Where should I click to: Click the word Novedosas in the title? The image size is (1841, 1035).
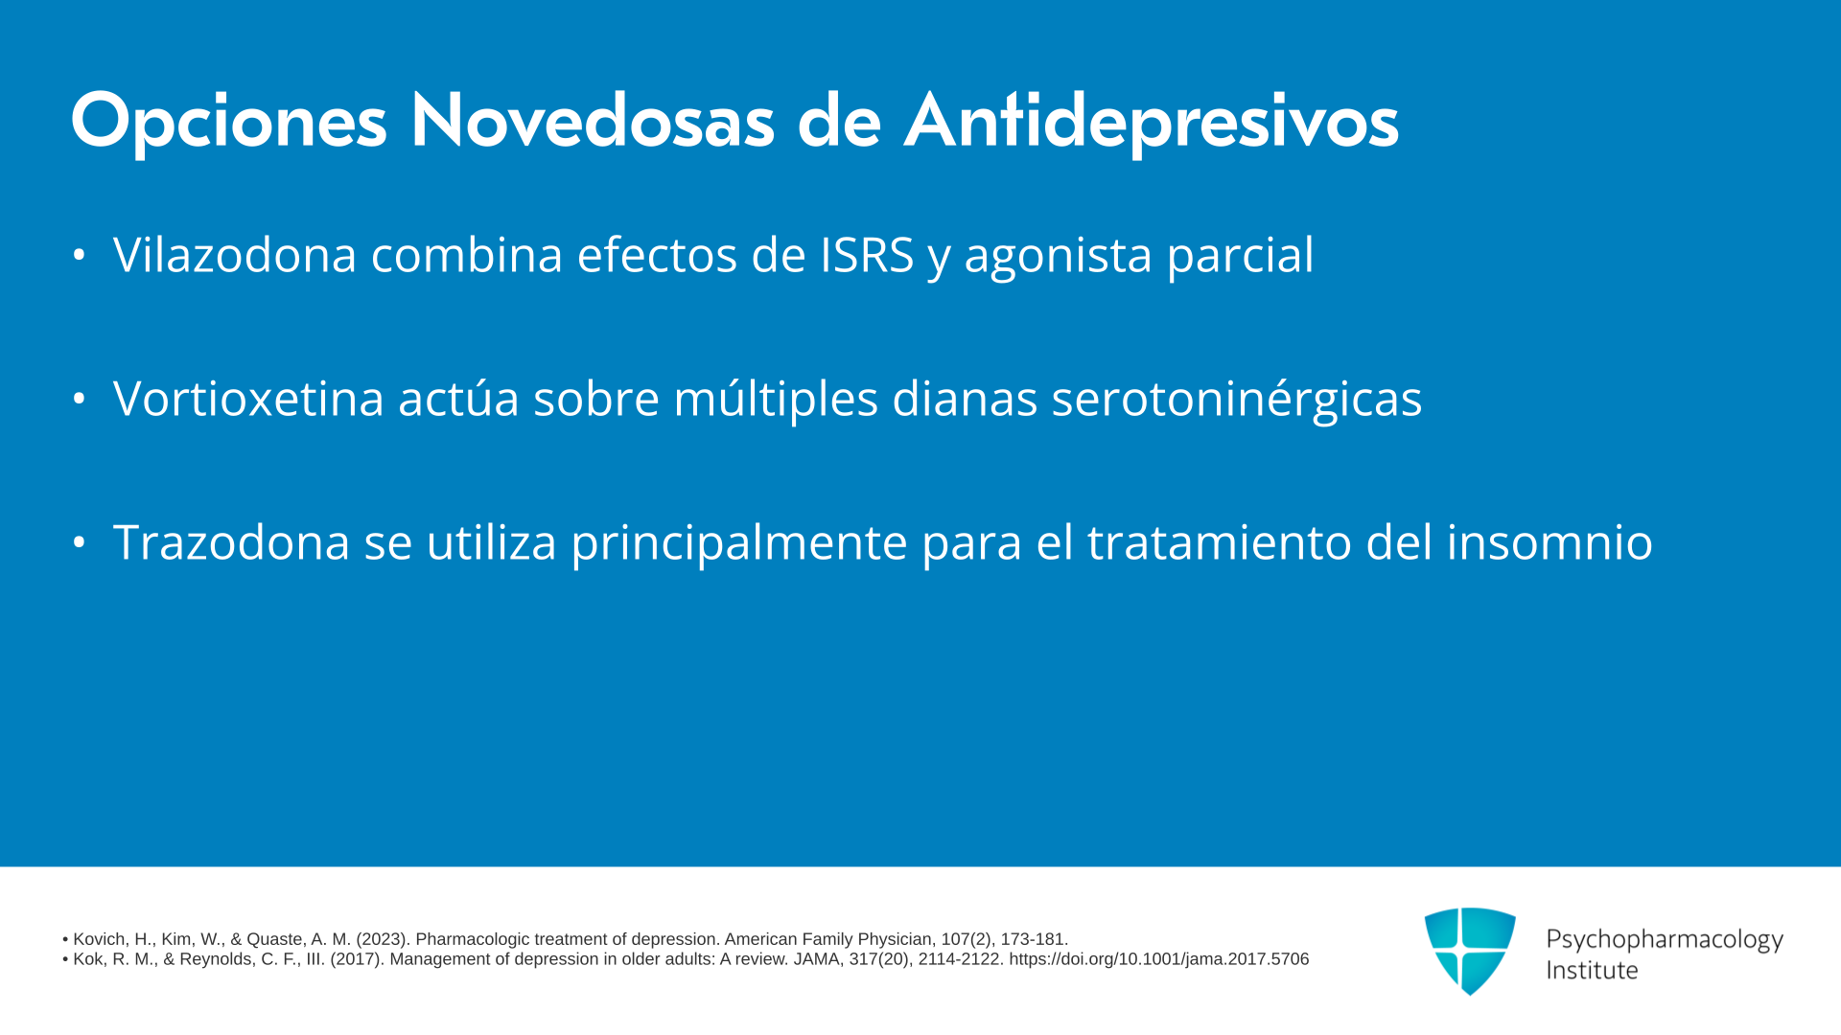[592, 121]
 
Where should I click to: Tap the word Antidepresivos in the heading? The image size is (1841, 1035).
[1151, 123]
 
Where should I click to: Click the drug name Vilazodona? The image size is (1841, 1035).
[235, 255]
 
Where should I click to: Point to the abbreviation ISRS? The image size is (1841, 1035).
[867, 255]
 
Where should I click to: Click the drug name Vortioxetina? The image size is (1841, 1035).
[248, 399]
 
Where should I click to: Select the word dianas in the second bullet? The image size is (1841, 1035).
[965, 399]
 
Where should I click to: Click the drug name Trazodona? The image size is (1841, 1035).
[231, 542]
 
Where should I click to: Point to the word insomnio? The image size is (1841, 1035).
[1550, 542]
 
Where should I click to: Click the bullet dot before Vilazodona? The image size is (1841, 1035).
[80, 255]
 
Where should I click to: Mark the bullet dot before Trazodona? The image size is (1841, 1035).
[80, 542]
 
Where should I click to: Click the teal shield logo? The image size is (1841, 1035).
[1470, 951]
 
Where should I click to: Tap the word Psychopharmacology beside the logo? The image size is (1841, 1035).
[1665, 940]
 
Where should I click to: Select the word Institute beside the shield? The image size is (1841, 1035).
[1592, 971]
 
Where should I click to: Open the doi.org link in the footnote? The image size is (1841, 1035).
[1158, 959]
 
